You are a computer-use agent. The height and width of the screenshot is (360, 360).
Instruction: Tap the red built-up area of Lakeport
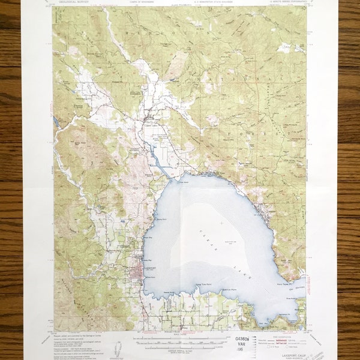click(137, 274)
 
